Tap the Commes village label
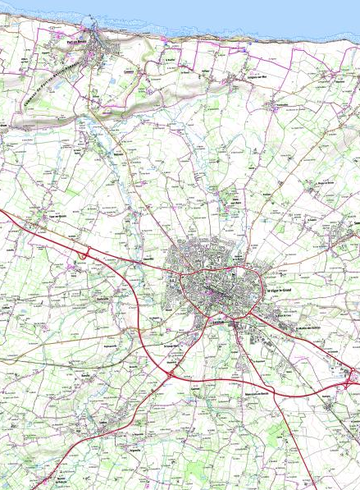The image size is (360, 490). click(127, 71)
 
